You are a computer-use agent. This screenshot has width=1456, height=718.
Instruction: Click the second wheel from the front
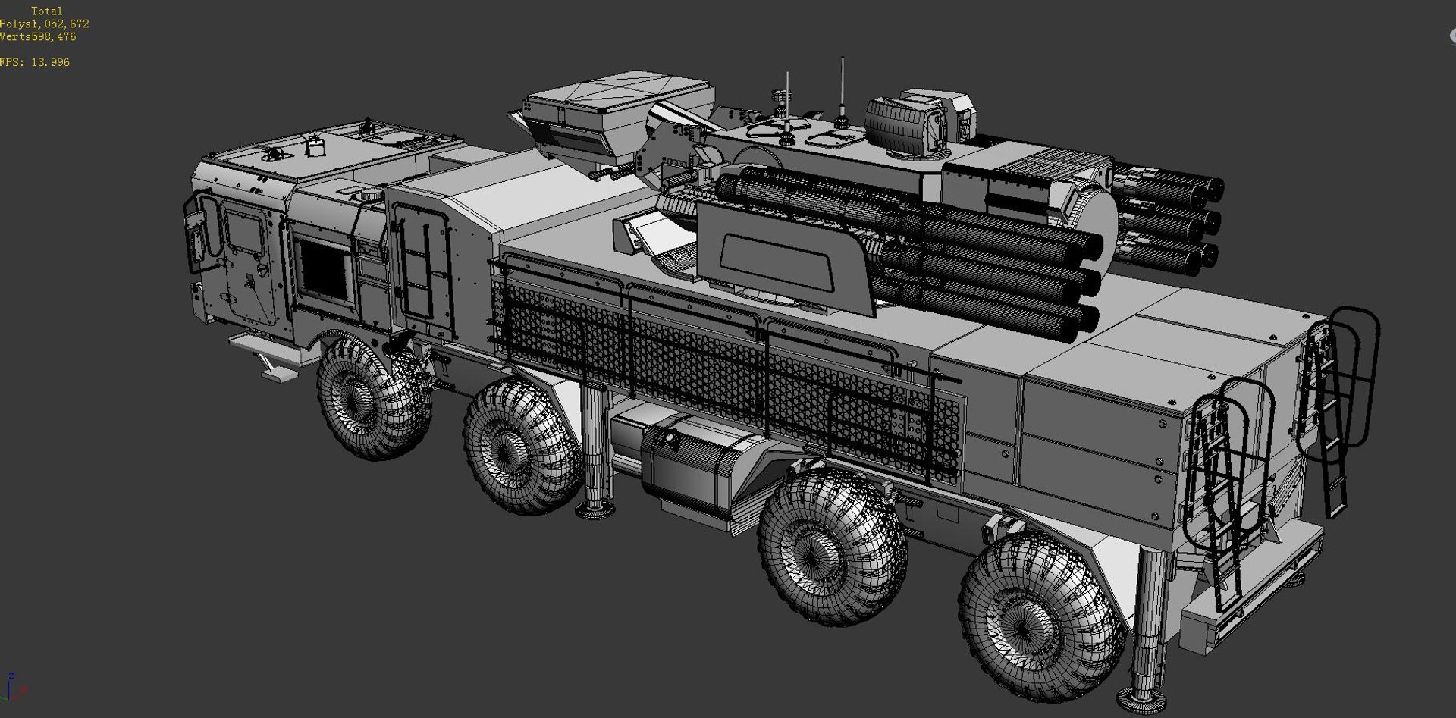tap(519, 447)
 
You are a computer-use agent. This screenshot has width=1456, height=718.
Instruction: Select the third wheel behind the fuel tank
tap(831, 545)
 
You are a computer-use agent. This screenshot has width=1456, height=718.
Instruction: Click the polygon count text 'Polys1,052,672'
tap(44, 24)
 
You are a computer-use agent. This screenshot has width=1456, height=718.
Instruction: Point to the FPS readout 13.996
tap(35, 63)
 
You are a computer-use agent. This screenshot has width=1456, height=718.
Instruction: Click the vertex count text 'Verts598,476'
tap(38, 37)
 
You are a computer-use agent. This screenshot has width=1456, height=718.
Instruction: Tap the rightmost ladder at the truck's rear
tap(1335, 409)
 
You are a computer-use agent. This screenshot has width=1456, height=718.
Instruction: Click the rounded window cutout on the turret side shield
tap(777, 262)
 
